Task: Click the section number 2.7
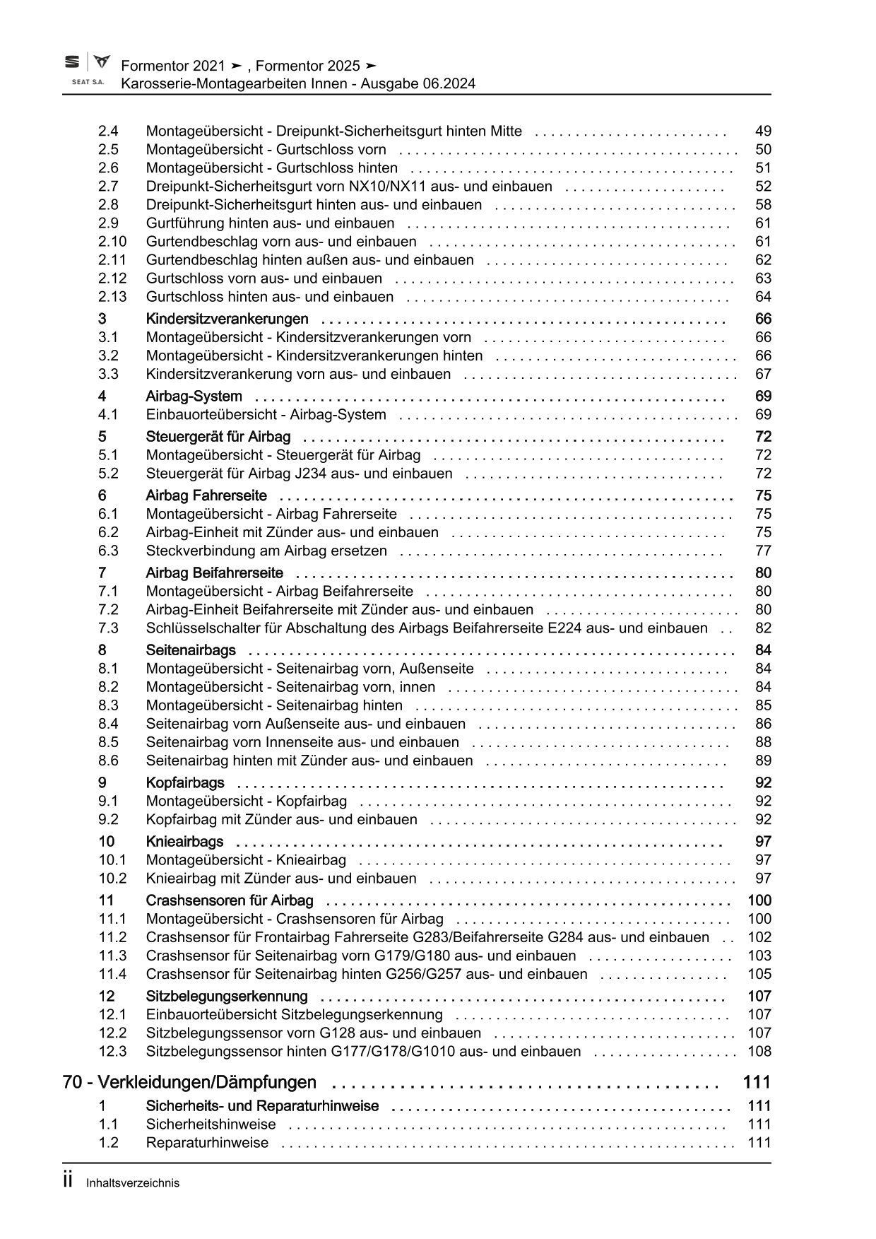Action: tap(108, 187)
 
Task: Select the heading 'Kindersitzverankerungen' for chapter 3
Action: tap(227, 319)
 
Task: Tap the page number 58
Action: tap(763, 205)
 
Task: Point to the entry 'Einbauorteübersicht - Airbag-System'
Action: tap(266, 415)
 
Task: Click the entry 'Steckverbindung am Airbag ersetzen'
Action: tap(266, 551)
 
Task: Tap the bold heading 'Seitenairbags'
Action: tap(191, 650)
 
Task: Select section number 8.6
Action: tap(108, 761)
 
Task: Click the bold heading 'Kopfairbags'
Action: tap(185, 782)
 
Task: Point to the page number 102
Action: tap(759, 937)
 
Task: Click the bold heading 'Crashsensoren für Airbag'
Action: tap(230, 900)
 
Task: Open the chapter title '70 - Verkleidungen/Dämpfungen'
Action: tap(189, 1082)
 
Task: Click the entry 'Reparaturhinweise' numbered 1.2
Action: tap(207, 1143)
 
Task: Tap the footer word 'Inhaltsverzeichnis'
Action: tap(133, 1182)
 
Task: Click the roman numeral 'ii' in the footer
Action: tap(69, 1180)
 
